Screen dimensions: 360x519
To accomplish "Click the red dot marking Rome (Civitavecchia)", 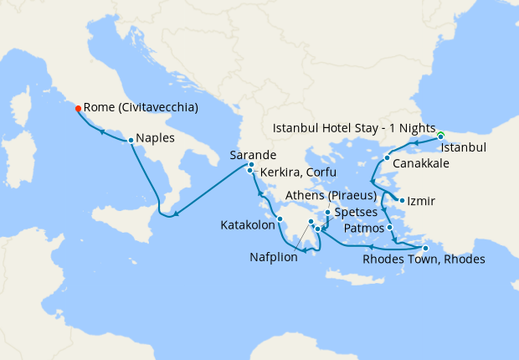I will point(78,108).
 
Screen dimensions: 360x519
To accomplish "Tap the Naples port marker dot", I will point(131,140).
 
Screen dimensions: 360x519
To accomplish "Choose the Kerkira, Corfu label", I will point(298,172).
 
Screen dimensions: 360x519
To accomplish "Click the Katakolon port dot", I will point(280,219).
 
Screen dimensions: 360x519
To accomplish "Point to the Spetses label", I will point(356,213).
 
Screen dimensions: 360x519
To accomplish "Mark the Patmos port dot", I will point(390,227).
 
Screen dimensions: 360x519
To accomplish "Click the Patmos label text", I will point(364,229).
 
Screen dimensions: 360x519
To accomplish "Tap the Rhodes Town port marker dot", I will point(425,248).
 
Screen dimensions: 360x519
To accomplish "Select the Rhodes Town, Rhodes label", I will point(424,260).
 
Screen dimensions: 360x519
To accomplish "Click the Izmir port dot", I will point(403,200).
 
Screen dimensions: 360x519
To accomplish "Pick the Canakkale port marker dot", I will point(387,157).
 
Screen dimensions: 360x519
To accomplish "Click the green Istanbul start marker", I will point(440,135).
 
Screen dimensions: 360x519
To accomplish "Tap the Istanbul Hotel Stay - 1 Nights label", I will point(356,129).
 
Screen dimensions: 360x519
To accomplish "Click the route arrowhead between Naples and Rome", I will point(100,131).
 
